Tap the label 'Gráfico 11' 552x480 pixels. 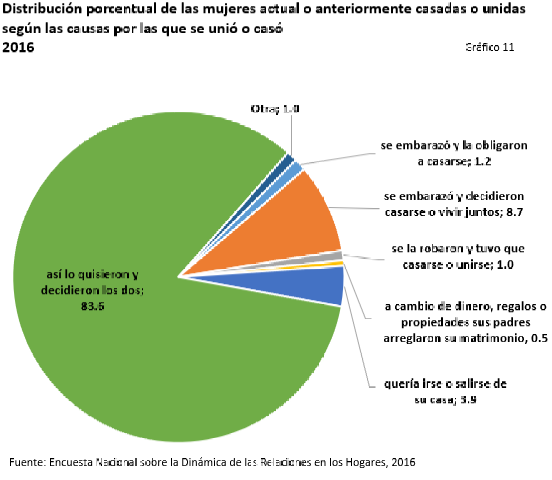click(489, 48)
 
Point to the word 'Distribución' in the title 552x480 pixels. click(42, 10)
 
